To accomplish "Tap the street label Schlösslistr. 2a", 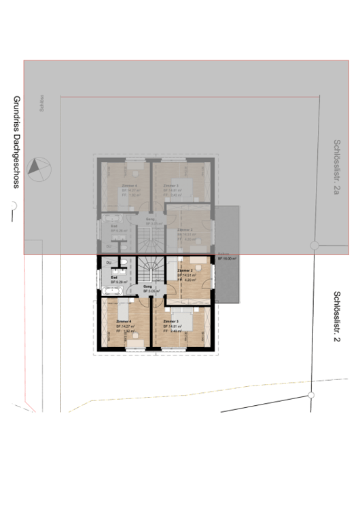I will point(336,167).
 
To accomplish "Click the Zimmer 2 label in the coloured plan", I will point(185,270).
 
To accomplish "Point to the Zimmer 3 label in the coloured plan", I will point(170,321).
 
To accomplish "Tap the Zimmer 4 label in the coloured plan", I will point(124,321).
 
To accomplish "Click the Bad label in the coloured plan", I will point(113,277).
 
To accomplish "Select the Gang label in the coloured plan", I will point(147,286).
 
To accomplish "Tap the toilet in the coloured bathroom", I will point(126,262).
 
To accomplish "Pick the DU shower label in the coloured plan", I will point(108,262).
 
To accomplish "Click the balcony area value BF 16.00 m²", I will point(227,259).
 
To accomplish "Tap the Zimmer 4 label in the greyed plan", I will point(129,185).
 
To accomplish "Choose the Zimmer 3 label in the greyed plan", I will point(170,185).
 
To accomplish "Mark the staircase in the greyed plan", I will point(150,239).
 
